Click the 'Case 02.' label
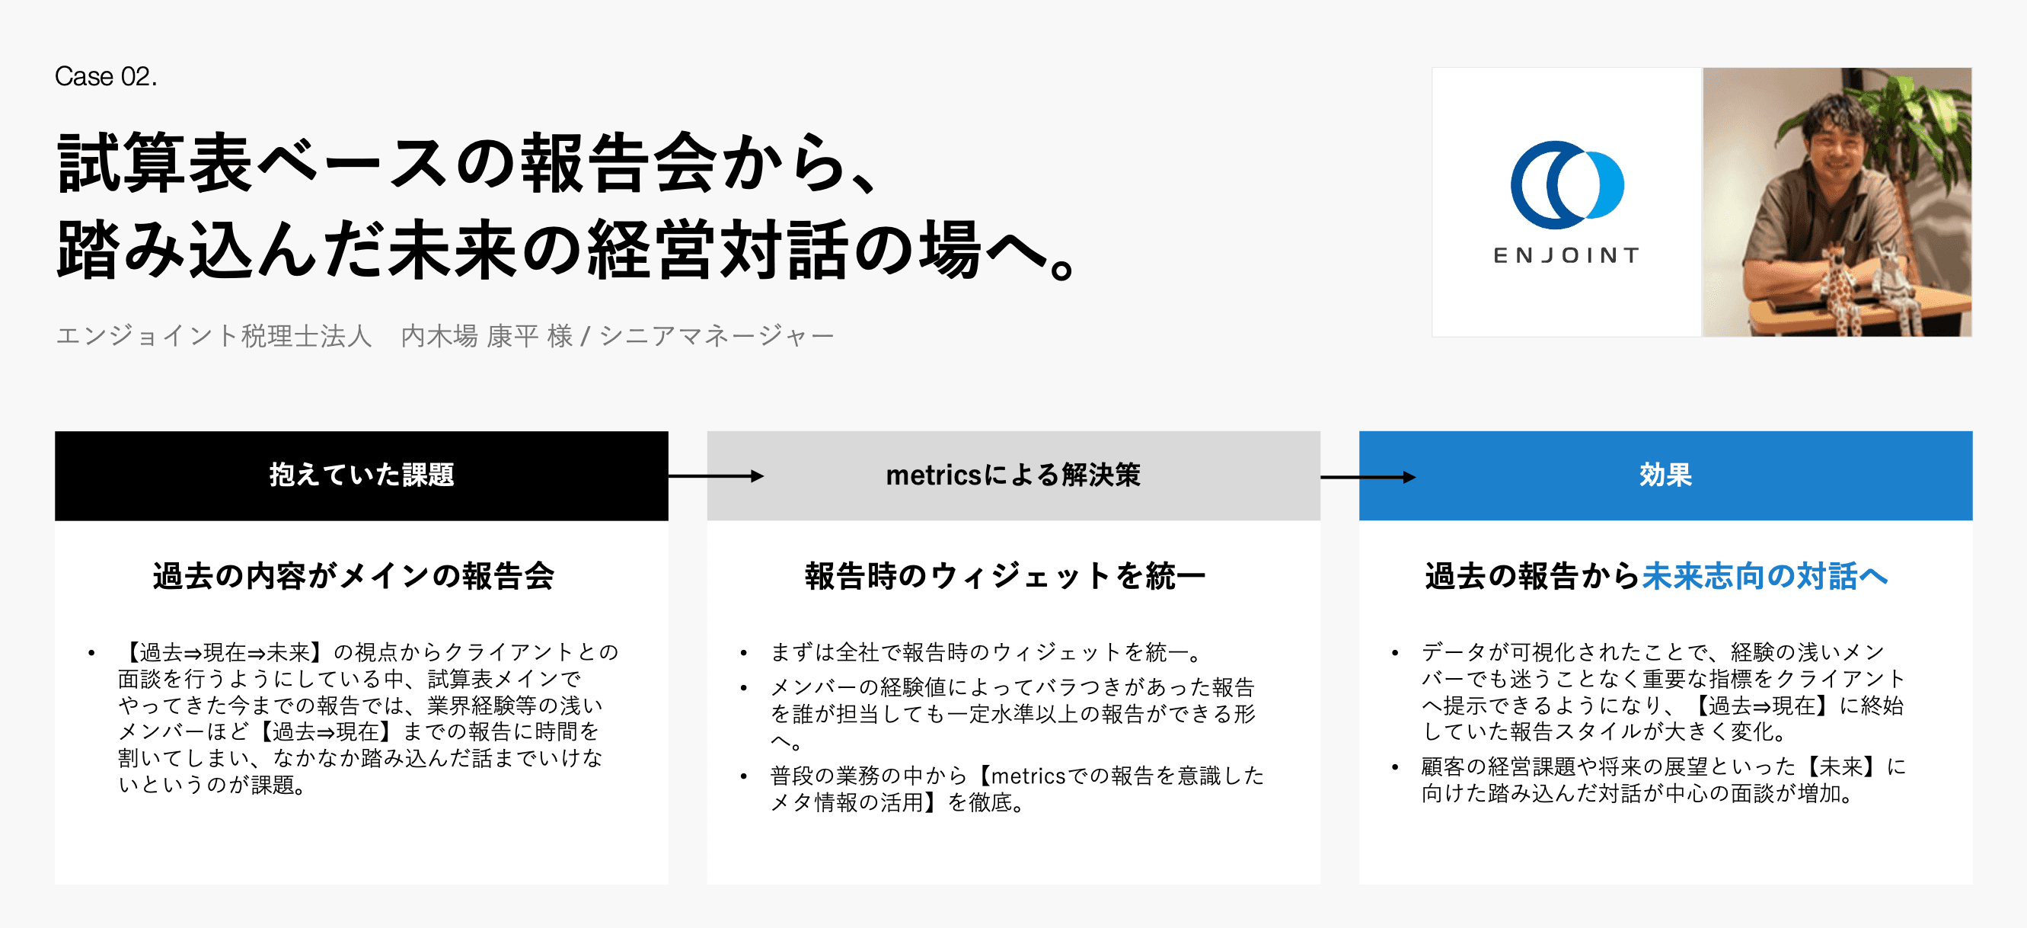[x=105, y=76]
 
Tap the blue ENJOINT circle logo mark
[x=1566, y=185]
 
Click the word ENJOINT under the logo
[x=1566, y=255]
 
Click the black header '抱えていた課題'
[x=361, y=475]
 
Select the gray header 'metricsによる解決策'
[x=1013, y=475]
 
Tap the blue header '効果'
[x=1665, y=475]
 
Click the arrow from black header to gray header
[x=716, y=475]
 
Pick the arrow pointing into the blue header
[x=1368, y=477]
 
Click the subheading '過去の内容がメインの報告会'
[x=353, y=576]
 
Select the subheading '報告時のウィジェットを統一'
[x=1005, y=576]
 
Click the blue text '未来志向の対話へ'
[x=1765, y=576]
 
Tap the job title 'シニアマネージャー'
[x=717, y=336]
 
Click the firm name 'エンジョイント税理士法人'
[x=213, y=336]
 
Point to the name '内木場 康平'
[x=470, y=336]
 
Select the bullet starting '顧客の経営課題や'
[x=1663, y=779]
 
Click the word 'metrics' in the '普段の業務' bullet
[x=1029, y=776]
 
